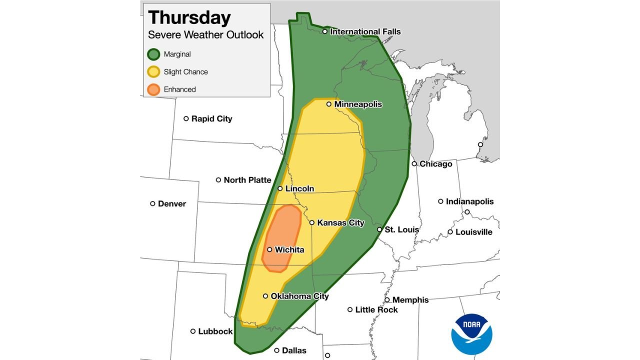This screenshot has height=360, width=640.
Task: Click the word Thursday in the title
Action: [x=189, y=17]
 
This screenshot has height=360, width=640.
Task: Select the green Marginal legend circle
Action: [x=154, y=54]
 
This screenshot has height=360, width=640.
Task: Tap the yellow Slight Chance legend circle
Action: [x=154, y=72]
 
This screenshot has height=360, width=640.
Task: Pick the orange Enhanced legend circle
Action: [x=154, y=89]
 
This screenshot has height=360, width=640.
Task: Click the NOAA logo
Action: [x=471, y=334]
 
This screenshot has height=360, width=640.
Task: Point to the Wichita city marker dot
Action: [x=269, y=249]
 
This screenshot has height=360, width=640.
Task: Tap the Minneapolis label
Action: [x=358, y=104]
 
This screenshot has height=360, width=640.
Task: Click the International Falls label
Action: [x=365, y=31]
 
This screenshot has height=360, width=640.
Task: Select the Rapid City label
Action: [x=212, y=119]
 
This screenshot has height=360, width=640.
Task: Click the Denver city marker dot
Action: [x=152, y=203]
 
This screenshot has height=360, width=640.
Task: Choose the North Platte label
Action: [x=247, y=180]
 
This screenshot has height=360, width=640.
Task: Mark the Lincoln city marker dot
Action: [x=280, y=188]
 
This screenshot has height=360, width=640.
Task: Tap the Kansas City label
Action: [x=340, y=223]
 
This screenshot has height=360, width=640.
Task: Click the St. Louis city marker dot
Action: [x=379, y=229]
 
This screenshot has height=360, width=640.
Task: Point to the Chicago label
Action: [x=435, y=164]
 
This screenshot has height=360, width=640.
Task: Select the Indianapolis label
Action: [x=469, y=201]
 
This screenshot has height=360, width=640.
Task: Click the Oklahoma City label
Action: [x=299, y=296]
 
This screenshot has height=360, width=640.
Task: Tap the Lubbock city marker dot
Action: [x=193, y=331]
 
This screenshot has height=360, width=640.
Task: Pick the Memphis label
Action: [x=410, y=300]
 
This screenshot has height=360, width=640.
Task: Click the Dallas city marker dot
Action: [x=276, y=350]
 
